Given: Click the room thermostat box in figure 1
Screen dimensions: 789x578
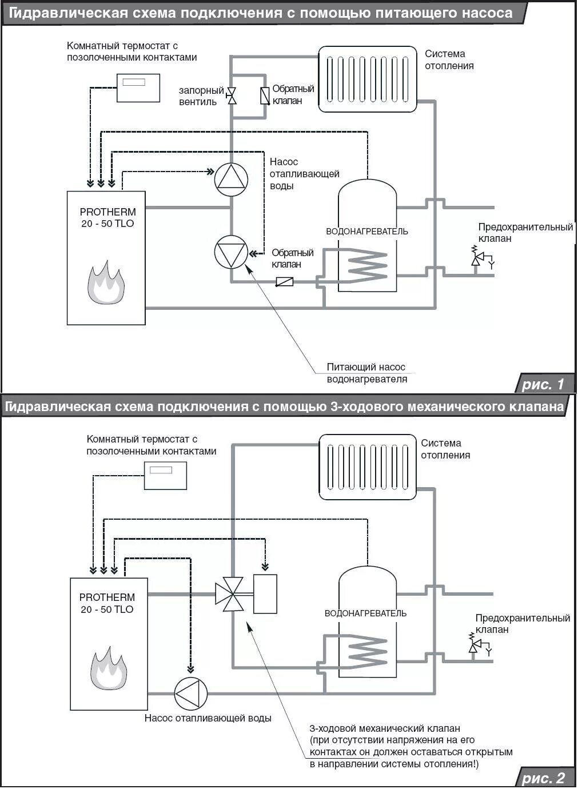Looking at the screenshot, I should coord(138,87).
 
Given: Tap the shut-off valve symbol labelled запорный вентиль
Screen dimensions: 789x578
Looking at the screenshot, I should coord(232,96).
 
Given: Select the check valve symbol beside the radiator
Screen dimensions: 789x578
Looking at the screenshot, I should coord(265,96).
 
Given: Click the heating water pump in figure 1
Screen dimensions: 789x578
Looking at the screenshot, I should coord(231,180).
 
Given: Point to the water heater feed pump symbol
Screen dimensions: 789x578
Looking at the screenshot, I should coord(231,252).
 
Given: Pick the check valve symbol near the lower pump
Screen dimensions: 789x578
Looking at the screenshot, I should coord(284,281).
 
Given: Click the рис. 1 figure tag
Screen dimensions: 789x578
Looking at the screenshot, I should coord(543,384).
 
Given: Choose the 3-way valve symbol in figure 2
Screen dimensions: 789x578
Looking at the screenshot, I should coord(230,595).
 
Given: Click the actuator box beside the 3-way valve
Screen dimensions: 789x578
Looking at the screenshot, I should coord(265,594).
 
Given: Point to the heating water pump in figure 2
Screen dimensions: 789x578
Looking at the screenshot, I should coord(190,694).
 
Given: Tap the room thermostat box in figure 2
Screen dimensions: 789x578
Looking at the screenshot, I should coord(165,475).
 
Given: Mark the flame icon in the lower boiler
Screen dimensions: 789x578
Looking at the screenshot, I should coord(108,668).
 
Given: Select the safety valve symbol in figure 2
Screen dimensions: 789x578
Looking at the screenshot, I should coord(474,645).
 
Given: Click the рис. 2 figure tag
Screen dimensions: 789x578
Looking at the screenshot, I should coord(543,778).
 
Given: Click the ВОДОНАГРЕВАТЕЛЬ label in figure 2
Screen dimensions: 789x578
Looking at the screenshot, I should coord(365,613).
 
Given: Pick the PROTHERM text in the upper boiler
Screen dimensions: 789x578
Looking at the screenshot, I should coord(107,212).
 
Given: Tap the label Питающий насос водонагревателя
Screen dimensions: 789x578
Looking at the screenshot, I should coord(366,373).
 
